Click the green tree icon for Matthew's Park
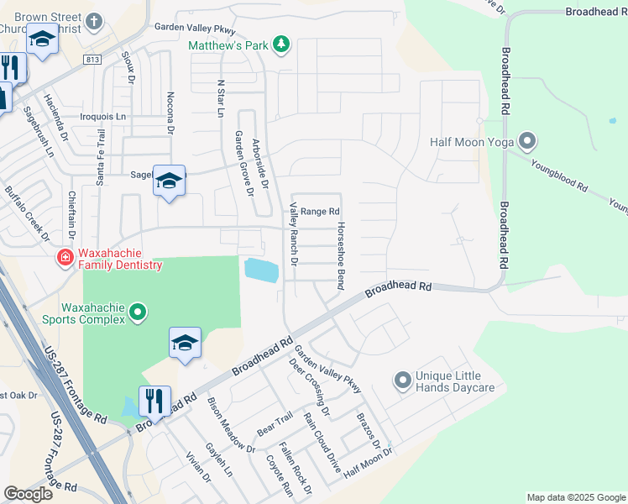[282, 45]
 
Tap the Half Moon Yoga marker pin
[527, 141]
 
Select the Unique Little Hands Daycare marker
[403, 382]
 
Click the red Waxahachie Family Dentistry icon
[64, 258]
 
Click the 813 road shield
[92, 59]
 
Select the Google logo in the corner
[28, 494]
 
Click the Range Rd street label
[320, 212]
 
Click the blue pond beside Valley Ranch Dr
[260, 270]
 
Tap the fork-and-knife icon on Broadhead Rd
[155, 401]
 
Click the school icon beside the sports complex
[185, 343]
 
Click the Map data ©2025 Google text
[576, 497]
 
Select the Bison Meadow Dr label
[230, 425]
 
